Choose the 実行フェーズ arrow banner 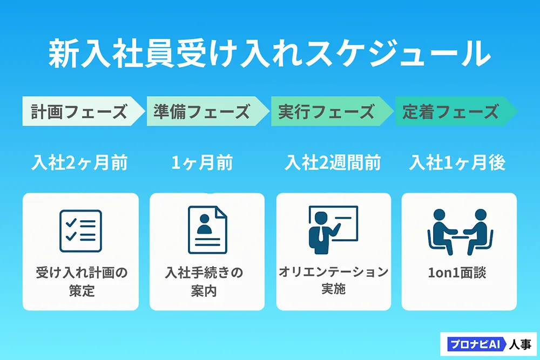tap(332, 111)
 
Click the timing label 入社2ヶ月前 tap(79, 162)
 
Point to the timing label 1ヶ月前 tap(202, 162)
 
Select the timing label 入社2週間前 tap(333, 162)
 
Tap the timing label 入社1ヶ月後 tap(457, 162)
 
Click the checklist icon tap(80, 231)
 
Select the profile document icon tap(208, 230)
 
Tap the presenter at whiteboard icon tap(333, 230)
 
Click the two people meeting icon tap(460, 232)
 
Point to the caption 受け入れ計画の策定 tap(82, 282)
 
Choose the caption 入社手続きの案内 tap(204, 282)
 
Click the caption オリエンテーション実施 tap(333, 280)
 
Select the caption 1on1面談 tap(457, 273)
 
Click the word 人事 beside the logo tap(520, 344)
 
